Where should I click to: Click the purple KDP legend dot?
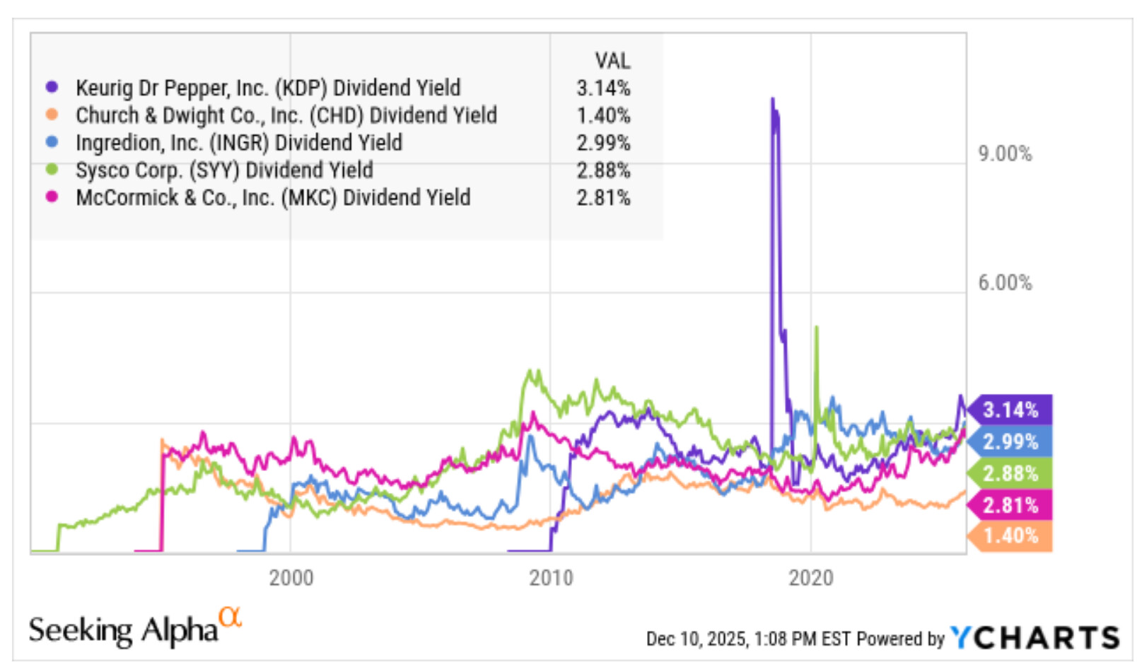[x=52, y=87]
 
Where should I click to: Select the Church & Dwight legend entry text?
[x=286, y=115]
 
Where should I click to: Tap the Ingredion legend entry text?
[x=239, y=143]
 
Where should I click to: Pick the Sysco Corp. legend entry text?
[x=224, y=170]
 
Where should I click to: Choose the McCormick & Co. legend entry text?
[x=273, y=198]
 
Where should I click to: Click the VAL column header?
[x=613, y=61]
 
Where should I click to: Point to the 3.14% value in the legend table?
[x=604, y=88]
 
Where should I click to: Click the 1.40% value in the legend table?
[x=604, y=116]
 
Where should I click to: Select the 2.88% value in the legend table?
[x=604, y=170]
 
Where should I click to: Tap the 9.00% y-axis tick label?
[x=1005, y=153]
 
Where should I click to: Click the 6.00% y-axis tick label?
[x=1005, y=282]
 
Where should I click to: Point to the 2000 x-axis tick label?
[x=291, y=578]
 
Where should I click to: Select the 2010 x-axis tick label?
[x=551, y=578]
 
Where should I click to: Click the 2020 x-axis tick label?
[x=811, y=578]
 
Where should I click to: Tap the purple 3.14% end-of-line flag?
[x=1010, y=410]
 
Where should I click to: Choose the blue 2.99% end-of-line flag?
[x=1010, y=441]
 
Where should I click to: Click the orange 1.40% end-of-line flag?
[x=1010, y=536]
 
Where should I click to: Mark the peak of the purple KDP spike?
[x=772, y=99]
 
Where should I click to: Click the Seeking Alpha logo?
[x=135, y=627]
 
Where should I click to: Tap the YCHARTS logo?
[x=1035, y=637]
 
